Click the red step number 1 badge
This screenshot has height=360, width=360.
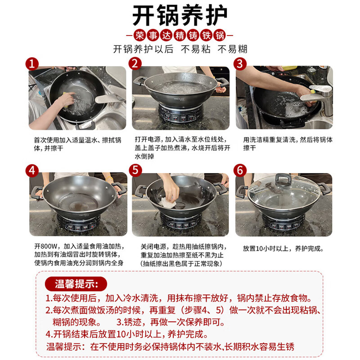(x=32, y=64)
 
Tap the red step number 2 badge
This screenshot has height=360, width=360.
(x=135, y=63)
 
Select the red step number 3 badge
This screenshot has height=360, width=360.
(x=240, y=63)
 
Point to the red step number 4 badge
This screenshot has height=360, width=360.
(x=32, y=171)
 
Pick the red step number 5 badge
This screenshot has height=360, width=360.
(x=135, y=171)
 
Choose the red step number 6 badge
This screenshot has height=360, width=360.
(x=240, y=171)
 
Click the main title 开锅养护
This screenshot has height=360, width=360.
(x=180, y=16)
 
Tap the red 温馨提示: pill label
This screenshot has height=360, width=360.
(x=76, y=284)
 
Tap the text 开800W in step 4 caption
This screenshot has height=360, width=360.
(x=46, y=246)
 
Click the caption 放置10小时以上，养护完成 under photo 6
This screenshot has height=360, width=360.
(x=283, y=248)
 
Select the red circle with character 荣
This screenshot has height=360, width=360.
(x=139, y=36)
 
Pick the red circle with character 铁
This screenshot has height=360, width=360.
(x=207, y=36)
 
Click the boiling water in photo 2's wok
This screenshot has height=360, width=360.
(x=181, y=88)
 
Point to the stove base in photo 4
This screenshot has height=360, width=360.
(x=79, y=223)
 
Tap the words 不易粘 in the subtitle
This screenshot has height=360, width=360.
(x=195, y=49)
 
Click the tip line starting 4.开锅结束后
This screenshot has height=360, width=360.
(x=127, y=334)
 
